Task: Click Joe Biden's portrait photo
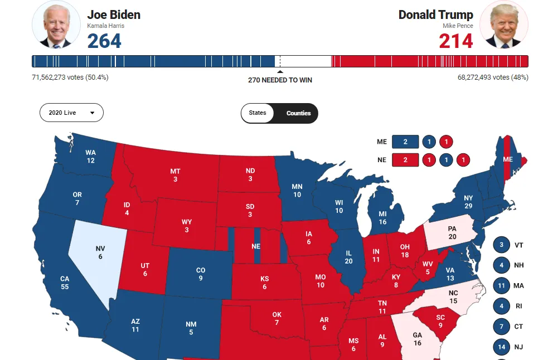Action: pos(56,25)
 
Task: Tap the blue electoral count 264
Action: pos(104,41)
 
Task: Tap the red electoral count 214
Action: pos(455,41)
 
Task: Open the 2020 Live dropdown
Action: pos(71,113)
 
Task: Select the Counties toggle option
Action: pos(298,113)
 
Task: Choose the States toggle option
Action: pos(258,113)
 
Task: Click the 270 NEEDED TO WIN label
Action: pos(280,80)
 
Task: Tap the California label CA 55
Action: pos(65,283)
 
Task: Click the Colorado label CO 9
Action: pos(201,274)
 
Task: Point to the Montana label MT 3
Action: pos(175,175)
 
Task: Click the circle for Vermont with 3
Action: pos(502,245)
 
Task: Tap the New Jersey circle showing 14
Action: pos(502,347)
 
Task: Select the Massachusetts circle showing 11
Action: pos(502,286)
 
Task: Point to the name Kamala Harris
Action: pos(105,26)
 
